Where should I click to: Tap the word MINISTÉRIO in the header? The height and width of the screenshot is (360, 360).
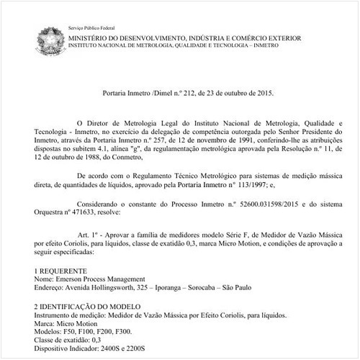(92, 36)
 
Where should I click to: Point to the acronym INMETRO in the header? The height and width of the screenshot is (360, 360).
(307, 45)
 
